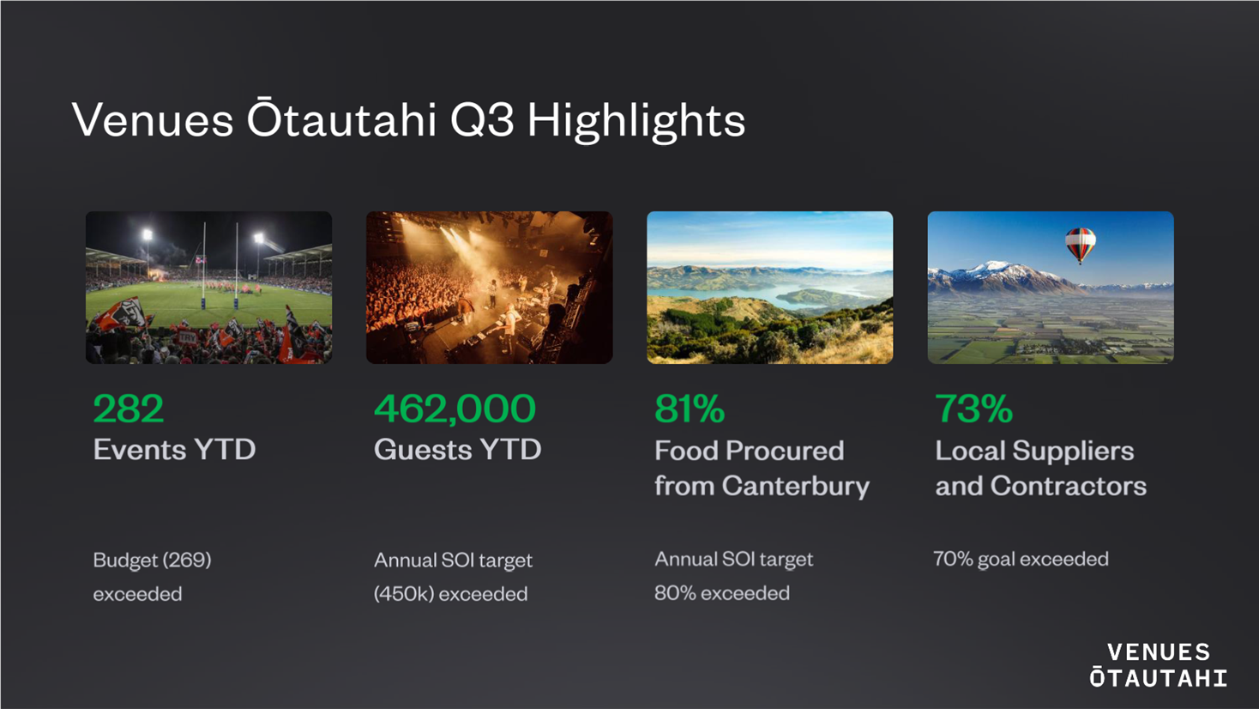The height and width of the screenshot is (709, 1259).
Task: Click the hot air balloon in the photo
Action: coord(1080,245)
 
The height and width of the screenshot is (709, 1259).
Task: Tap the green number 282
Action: coord(128,409)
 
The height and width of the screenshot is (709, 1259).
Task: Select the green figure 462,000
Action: coord(455,409)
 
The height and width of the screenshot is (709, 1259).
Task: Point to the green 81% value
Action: coord(690,409)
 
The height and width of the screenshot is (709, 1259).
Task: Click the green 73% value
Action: coord(973,409)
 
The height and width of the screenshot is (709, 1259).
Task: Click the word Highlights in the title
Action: coord(636,120)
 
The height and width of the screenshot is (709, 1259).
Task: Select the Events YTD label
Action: coord(174,450)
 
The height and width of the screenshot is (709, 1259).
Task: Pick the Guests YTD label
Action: coord(457,450)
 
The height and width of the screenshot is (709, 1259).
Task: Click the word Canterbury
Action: coord(795,486)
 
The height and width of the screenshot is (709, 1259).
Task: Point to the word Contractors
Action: coord(1069,486)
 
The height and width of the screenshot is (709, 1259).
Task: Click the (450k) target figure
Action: coord(404,594)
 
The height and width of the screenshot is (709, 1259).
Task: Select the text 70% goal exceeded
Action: coord(1021,559)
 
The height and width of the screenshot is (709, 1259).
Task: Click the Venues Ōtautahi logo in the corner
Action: coord(1159,665)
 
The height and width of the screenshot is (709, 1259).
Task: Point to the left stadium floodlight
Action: coord(148,234)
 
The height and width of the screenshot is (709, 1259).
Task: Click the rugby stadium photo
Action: coord(208,287)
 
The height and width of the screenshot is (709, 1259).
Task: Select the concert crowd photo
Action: coord(489,287)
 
